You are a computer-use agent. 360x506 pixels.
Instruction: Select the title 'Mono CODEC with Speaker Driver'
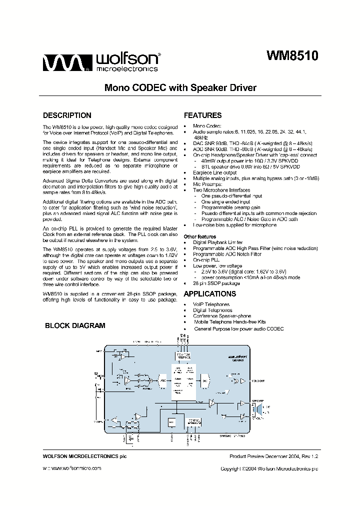180,88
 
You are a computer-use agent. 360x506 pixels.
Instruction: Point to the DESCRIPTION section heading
67,115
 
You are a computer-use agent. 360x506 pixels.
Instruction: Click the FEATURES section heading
202,115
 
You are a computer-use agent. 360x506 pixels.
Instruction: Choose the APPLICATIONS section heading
209,294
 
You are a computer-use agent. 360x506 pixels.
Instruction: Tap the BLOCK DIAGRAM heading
75,325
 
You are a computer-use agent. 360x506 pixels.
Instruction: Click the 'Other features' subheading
199,236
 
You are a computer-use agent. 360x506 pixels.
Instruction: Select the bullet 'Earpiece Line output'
215,172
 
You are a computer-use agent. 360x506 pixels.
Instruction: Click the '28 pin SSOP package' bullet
216,283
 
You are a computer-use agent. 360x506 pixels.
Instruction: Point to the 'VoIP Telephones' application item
211,304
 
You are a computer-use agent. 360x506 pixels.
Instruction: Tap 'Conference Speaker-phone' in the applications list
222,316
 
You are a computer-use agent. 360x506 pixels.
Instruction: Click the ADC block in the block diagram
162,380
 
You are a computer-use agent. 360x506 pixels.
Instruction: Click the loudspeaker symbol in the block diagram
258,410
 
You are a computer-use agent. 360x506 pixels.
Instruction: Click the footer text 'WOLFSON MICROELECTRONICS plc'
81,456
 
